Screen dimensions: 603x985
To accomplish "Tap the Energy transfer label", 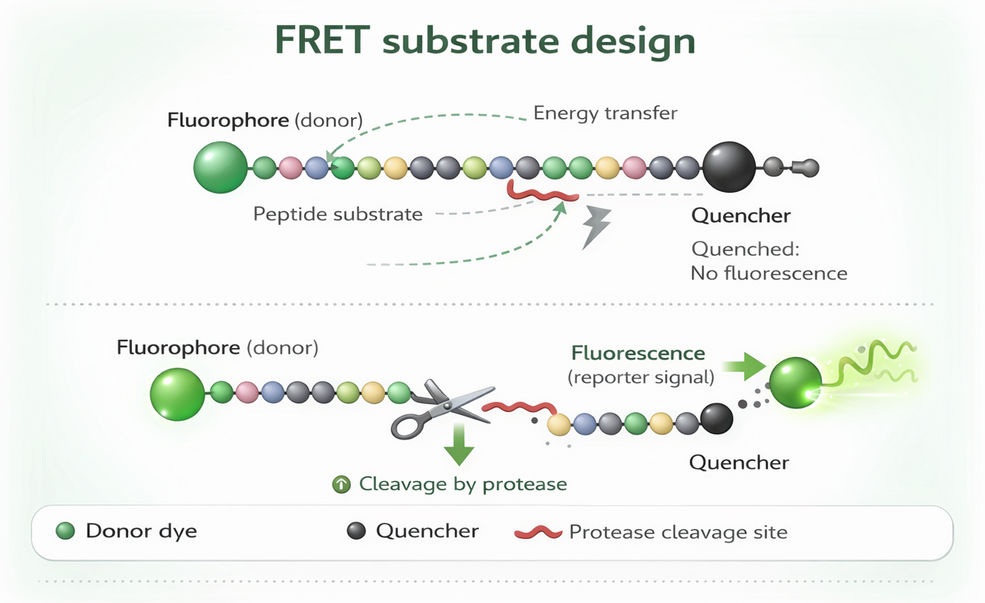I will [x=605, y=113].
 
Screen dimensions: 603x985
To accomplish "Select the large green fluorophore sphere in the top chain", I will [x=220, y=168].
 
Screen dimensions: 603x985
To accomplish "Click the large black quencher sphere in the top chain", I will [x=728, y=168].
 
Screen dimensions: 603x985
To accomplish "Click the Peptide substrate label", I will [x=337, y=215].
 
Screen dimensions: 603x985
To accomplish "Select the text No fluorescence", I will [x=768, y=273].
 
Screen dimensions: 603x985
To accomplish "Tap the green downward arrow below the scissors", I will [x=459, y=445].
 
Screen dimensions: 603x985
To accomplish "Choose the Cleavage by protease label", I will [x=463, y=484].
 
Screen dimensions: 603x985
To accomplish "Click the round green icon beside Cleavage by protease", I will [x=341, y=484].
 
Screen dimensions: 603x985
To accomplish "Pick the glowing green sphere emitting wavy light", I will [x=795, y=383].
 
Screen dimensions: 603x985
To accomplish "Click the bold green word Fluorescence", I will [x=638, y=354].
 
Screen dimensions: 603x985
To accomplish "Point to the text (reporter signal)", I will [x=641, y=378].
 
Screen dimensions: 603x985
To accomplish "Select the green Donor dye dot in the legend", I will [x=65, y=531].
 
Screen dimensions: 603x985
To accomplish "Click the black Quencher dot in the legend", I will [x=357, y=531].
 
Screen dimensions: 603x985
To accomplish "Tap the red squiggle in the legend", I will [x=538, y=533].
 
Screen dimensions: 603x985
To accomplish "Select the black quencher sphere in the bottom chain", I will [x=716, y=419].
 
